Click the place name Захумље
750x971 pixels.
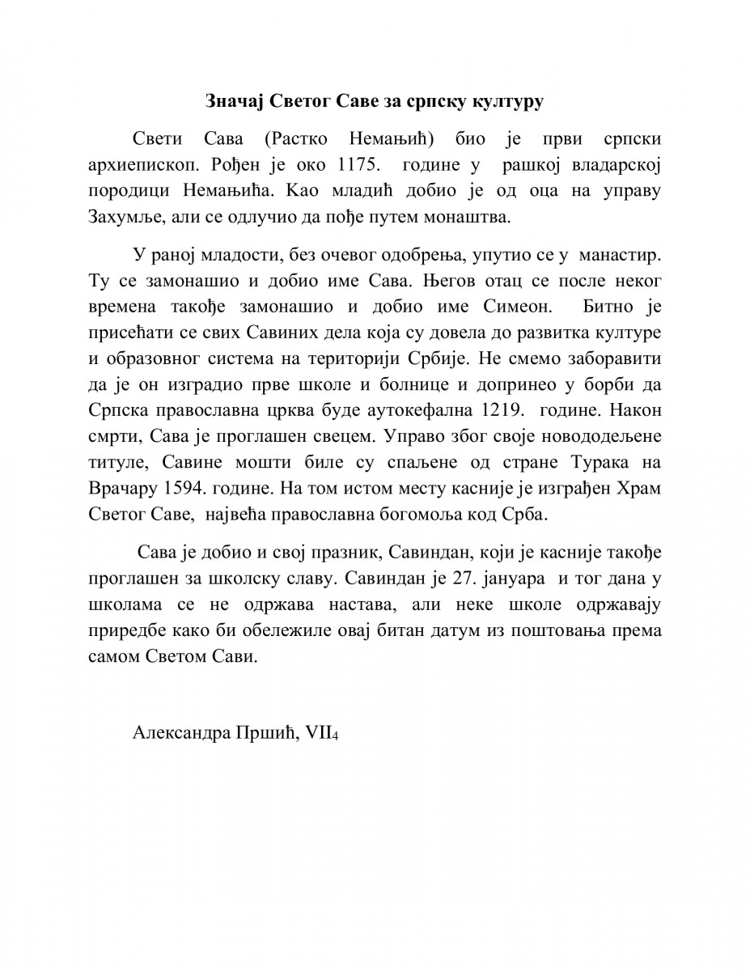119,217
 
